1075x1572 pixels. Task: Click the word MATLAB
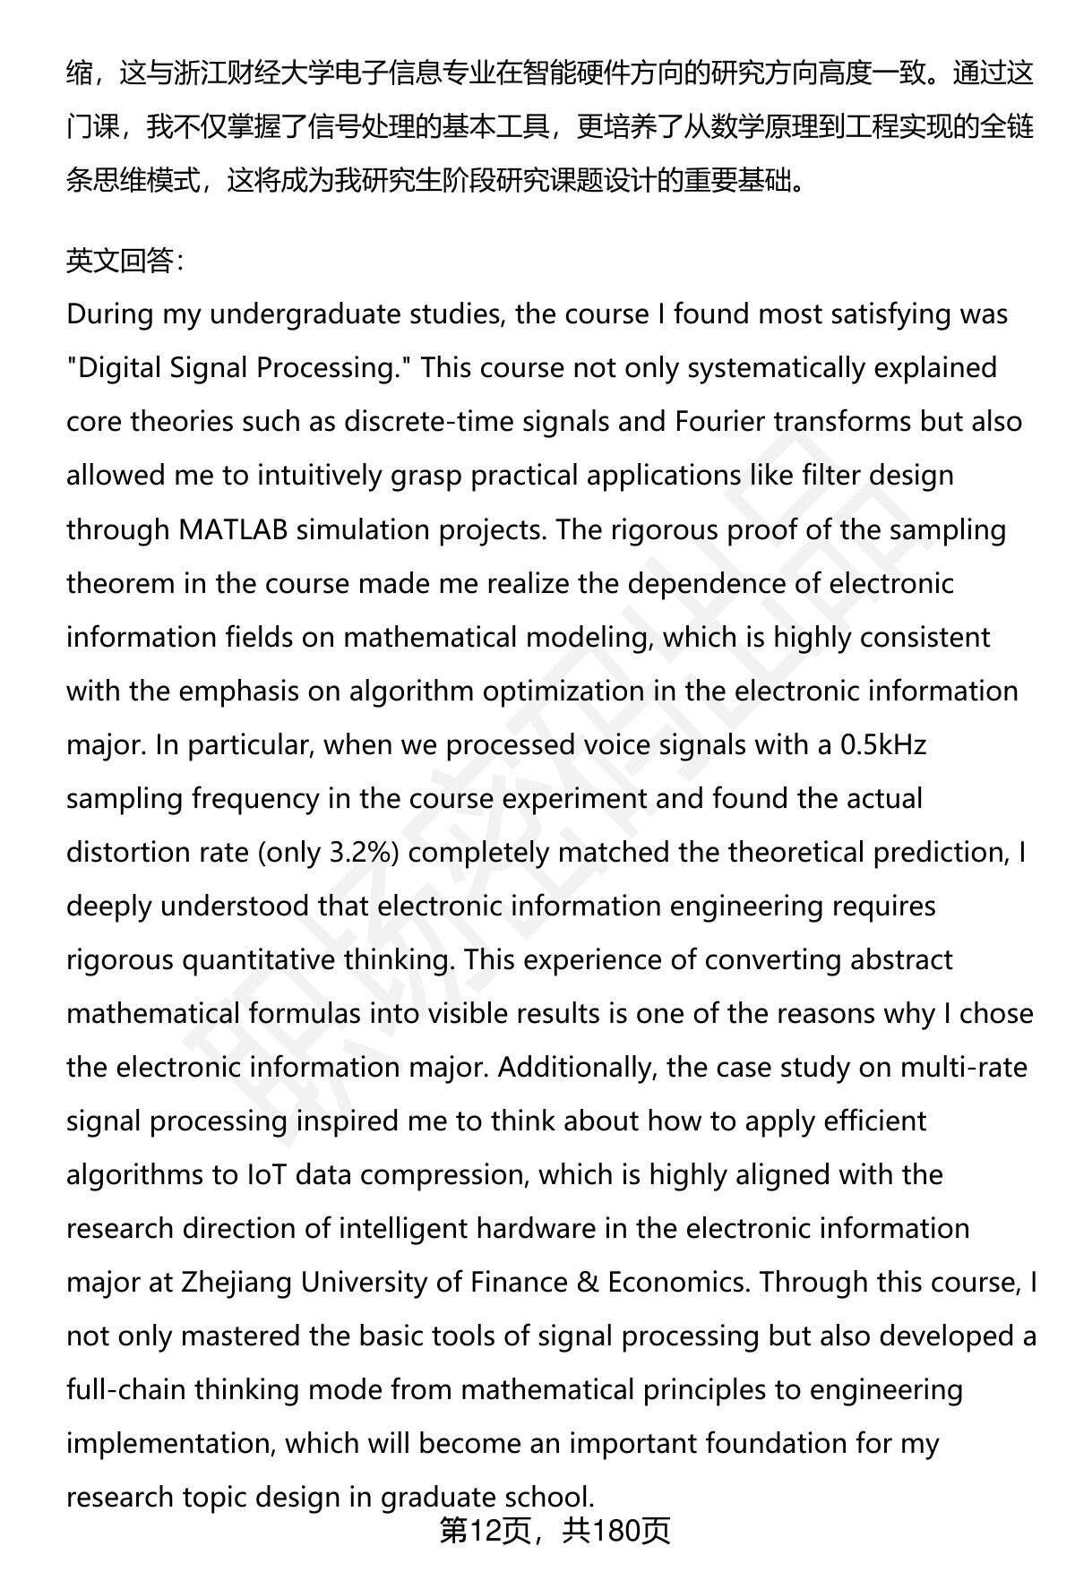[x=233, y=529]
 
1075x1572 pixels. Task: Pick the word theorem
[x=121, y=583]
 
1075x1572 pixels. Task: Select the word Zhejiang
[x=236, y=1282]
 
